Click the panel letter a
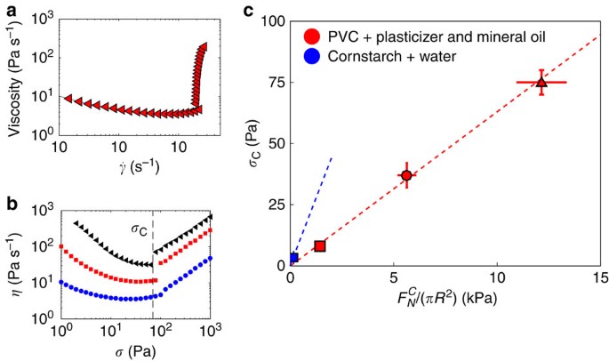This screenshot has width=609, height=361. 7,12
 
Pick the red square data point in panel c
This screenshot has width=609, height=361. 320,245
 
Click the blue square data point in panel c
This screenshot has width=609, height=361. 293,258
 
